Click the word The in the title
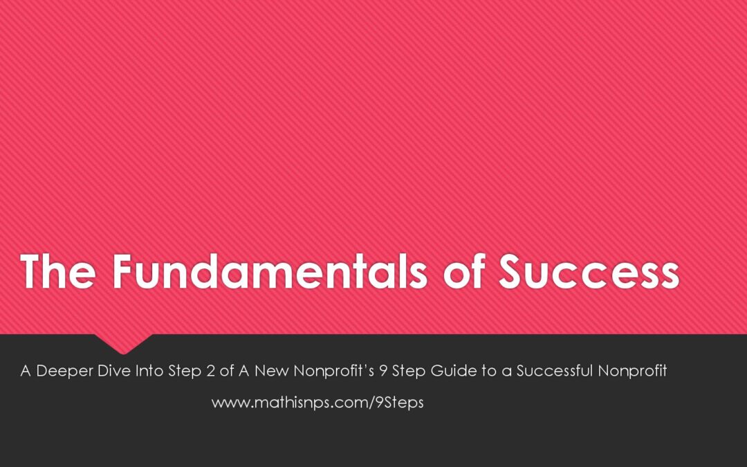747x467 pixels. coord(58,271)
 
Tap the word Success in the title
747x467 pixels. coord(589,271)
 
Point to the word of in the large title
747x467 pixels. coord(464,271)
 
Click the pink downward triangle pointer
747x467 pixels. coord(123,343)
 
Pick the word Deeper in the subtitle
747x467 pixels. coord(64,371)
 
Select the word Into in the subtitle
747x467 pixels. coord(149,370)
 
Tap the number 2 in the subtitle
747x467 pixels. coord(210,371)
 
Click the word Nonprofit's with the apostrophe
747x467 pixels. coord(334,371)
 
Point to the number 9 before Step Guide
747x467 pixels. coord(383,371)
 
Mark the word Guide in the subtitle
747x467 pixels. coord(454,371)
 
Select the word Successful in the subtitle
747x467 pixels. coord(555,370)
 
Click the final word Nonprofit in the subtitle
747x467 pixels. coord(632,371)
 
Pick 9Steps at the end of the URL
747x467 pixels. coord(399,403)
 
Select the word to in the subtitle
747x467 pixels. coord(489,372)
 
